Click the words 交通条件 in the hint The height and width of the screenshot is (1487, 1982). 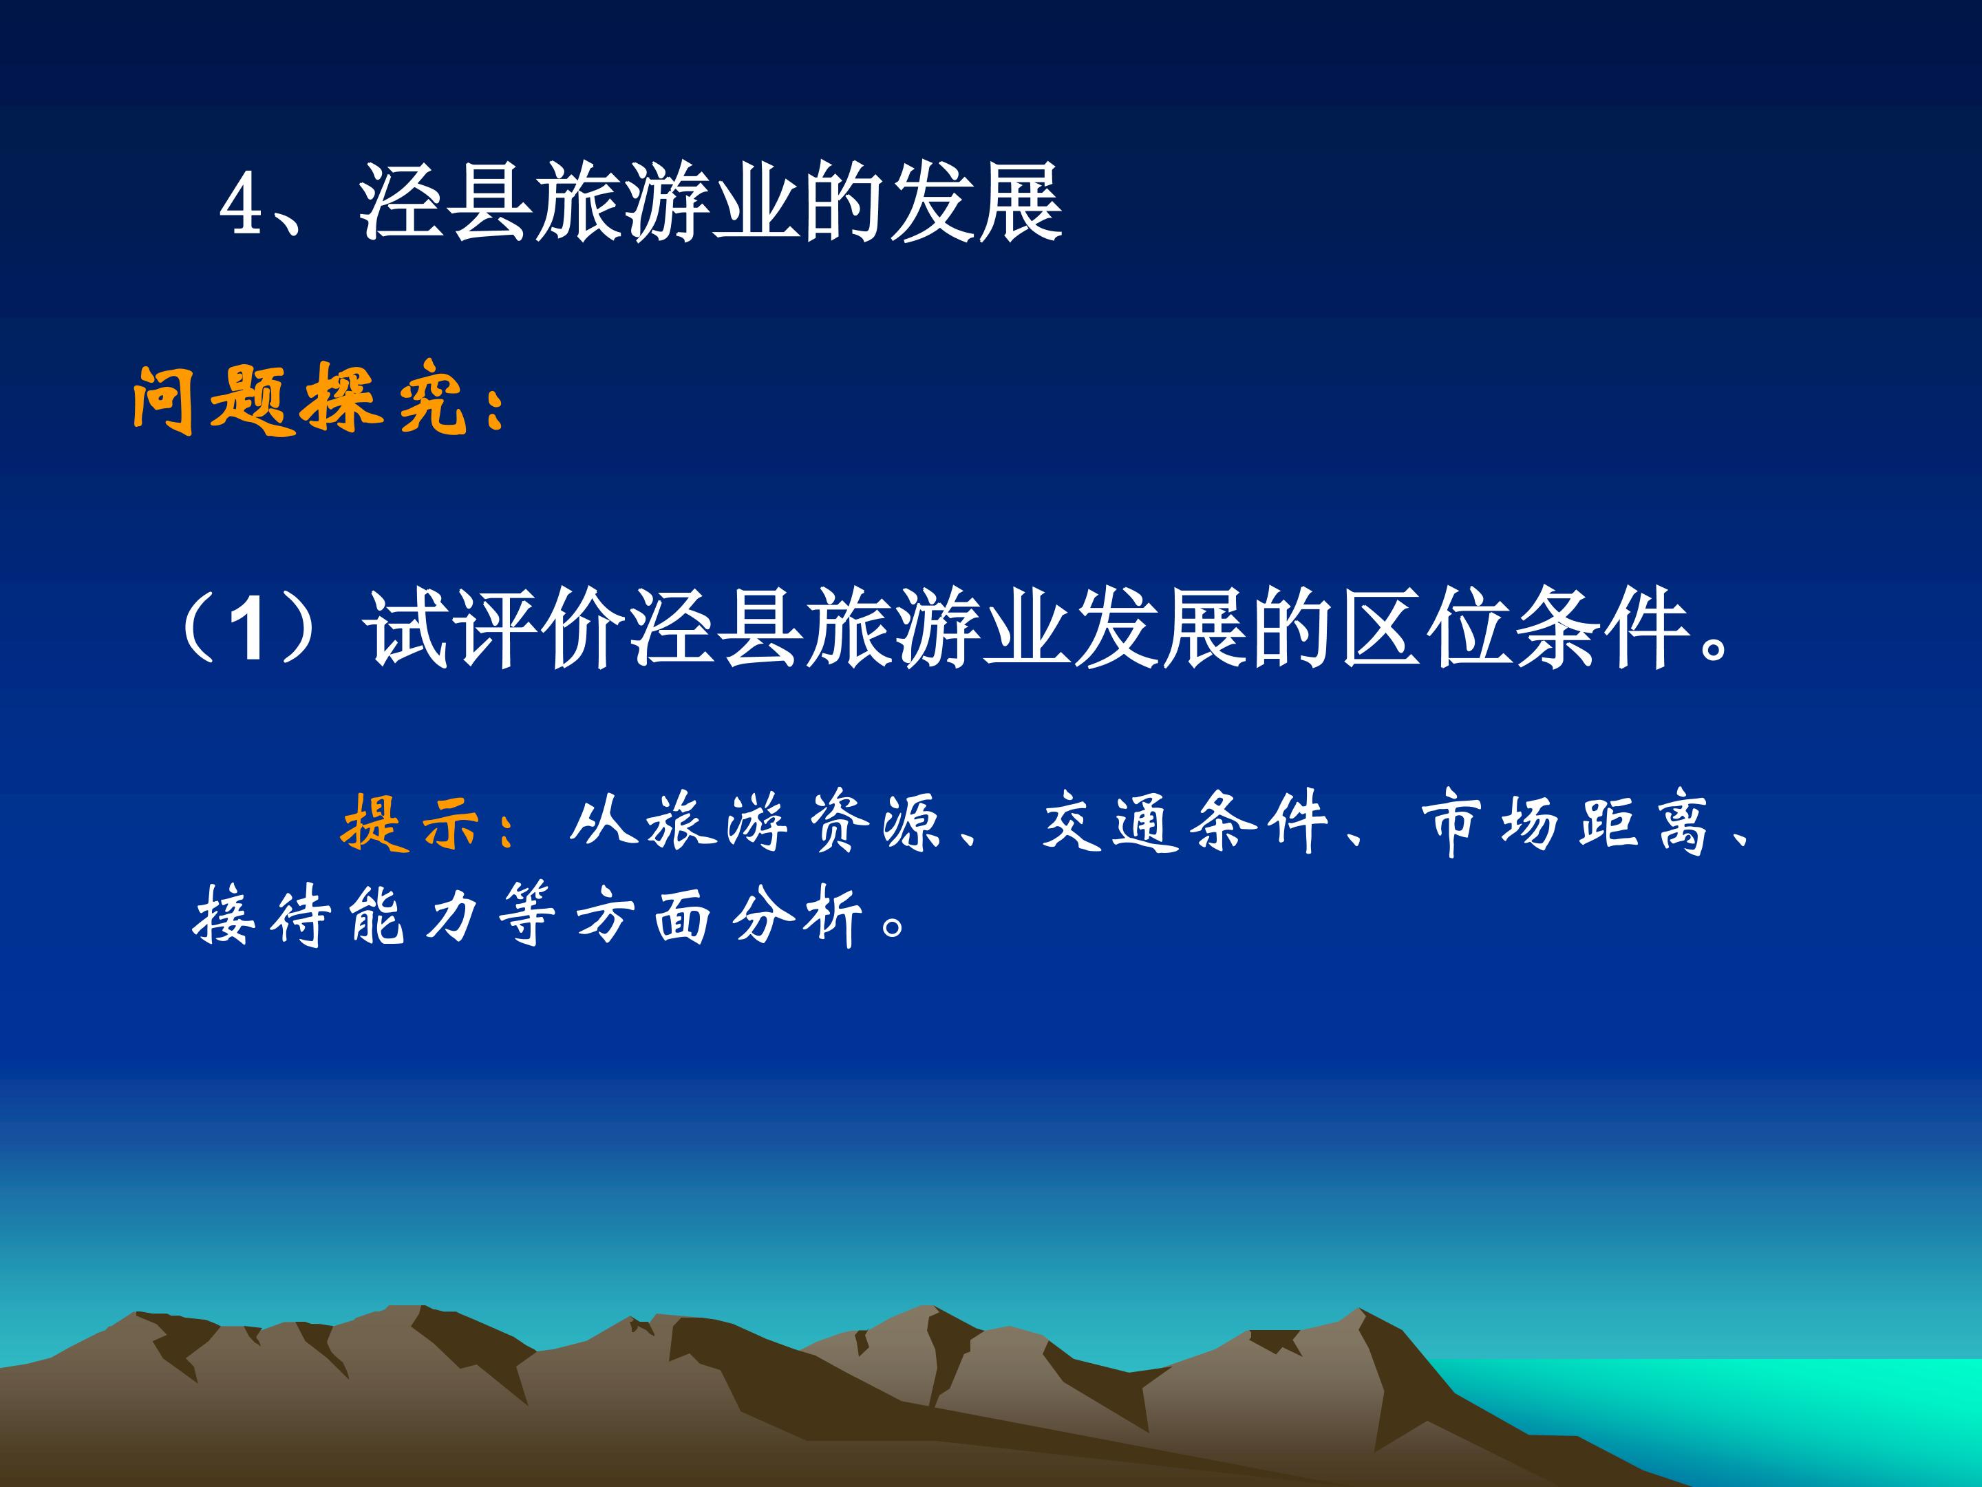click(x=1184, y=821)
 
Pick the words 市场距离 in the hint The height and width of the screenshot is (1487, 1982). click(x=1566, y=821)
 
